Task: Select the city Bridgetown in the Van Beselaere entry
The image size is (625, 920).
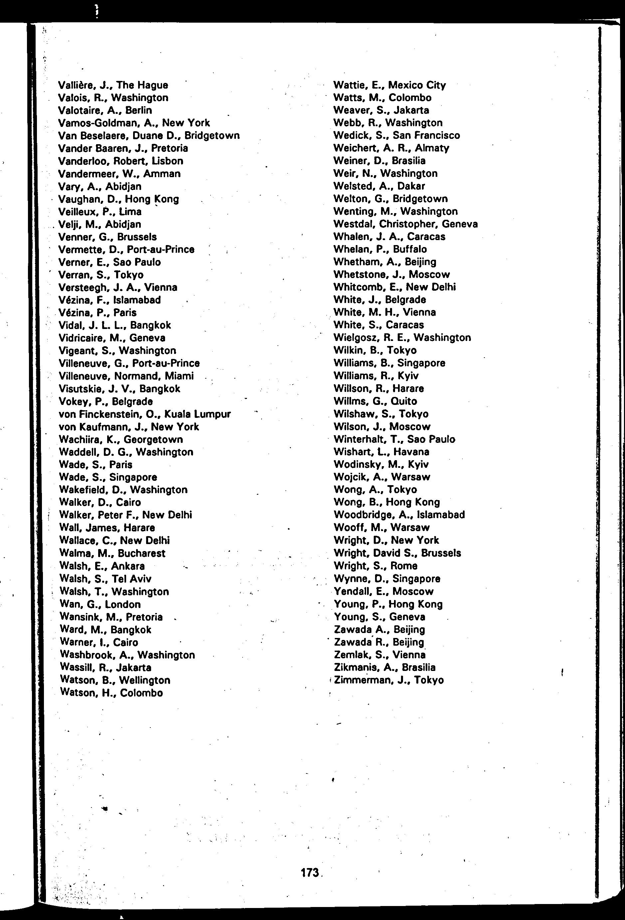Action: [212, 136]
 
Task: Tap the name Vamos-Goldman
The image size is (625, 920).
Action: [96, 123]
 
